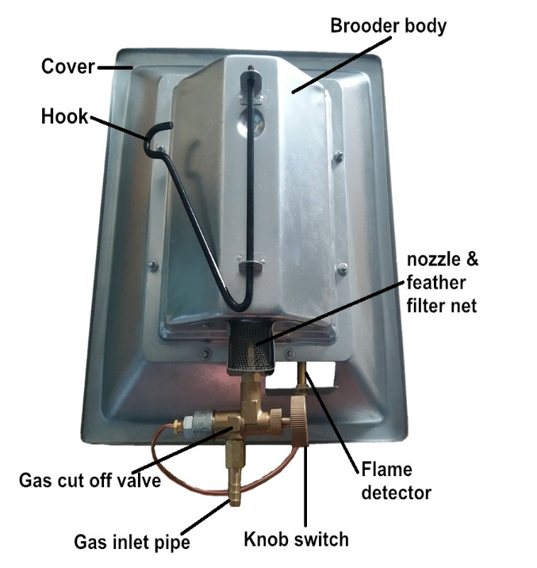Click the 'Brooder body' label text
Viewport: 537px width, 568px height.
pyautogui.click(x=389, y=25)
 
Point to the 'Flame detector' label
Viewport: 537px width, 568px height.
pyautogui.click(x=397, y=481)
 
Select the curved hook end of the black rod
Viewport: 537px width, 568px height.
pyautogui.click(x=159, y=130)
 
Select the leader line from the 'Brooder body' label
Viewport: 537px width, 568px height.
pyautogui.click(x=333, y=65)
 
